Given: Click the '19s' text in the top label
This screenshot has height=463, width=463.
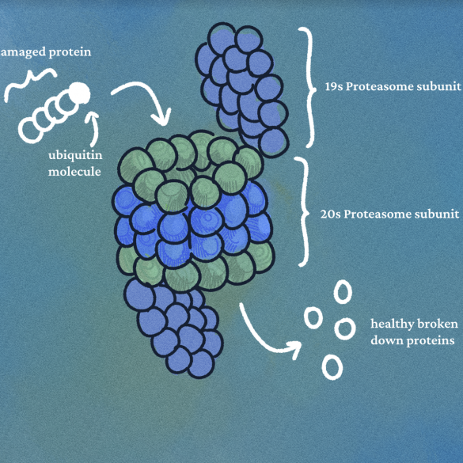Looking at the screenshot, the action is click(333, 86).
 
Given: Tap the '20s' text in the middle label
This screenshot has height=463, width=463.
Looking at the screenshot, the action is click(330, 214).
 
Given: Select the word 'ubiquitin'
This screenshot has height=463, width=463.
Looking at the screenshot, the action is click(75, 156).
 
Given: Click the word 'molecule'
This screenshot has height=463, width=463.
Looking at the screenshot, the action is click(74, 172).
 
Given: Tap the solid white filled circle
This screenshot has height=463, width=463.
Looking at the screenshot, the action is click(78, 93).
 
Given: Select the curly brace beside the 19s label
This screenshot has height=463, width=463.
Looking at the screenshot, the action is click(309, 87).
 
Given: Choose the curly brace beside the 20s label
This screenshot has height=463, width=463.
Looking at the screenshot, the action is click(304, 211).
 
